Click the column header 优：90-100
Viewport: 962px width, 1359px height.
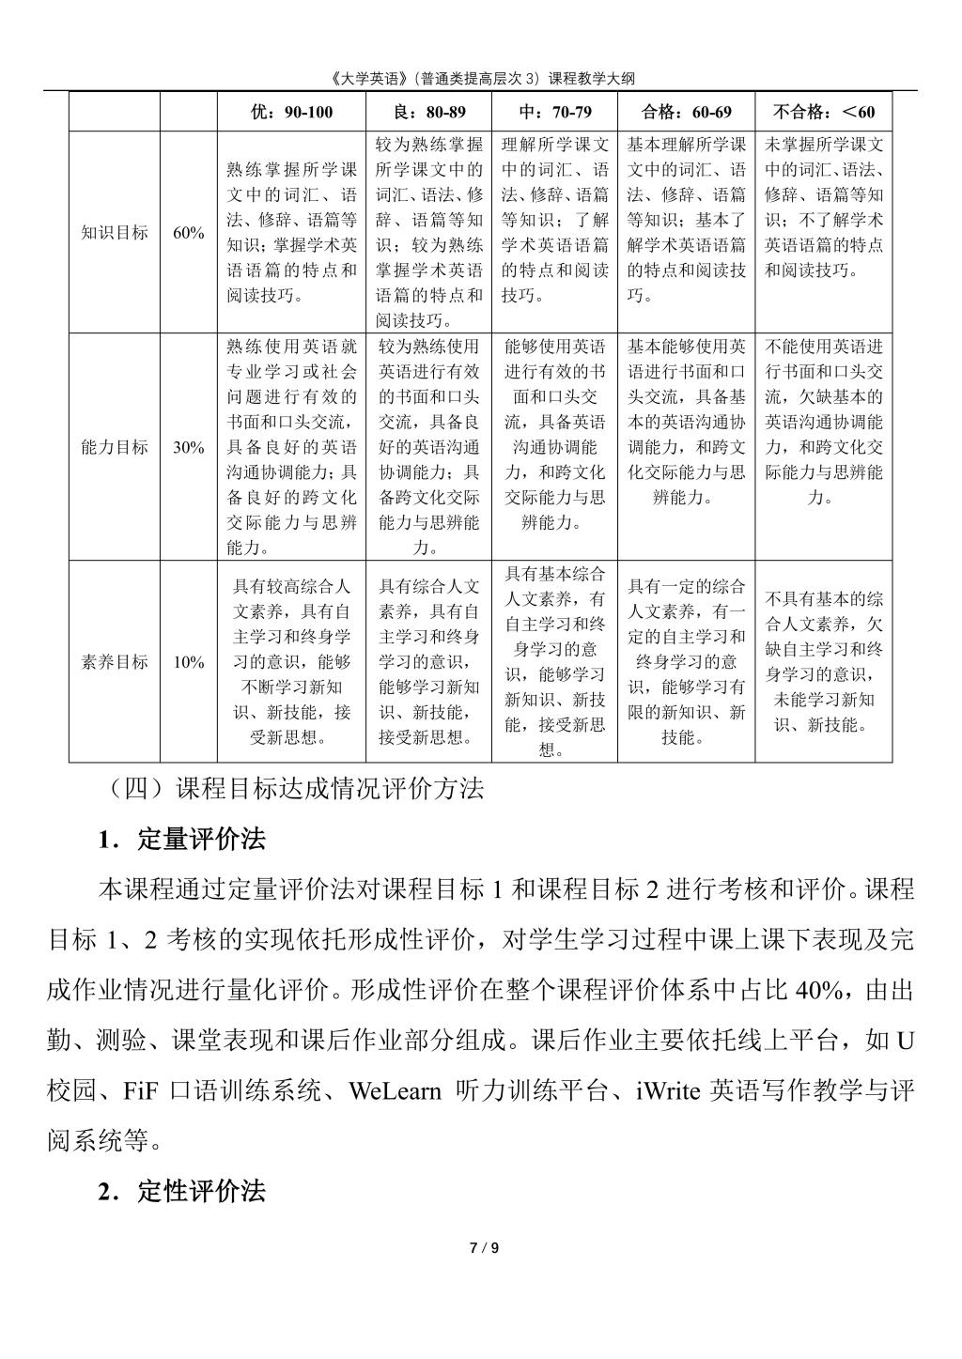point(291,113)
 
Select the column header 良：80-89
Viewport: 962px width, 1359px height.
point(428,113)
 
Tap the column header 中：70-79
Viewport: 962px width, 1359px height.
point(555,113)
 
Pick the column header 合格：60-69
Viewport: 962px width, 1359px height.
point(687,113)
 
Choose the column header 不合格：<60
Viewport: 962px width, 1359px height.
point(823,113)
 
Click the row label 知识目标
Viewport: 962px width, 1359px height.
point(115,233)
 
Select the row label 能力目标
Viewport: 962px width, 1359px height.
point(115,447)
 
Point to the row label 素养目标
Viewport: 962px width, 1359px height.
point(115,662)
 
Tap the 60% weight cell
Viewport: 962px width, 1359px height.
point(188,233)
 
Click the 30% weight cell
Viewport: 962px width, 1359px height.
point(188,447)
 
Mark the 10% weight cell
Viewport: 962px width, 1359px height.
point(188,662)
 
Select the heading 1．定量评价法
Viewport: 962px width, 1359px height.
point(182,840)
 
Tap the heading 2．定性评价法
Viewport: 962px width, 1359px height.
point(182,1192)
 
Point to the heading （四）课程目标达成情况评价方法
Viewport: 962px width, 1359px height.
point(296,789)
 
